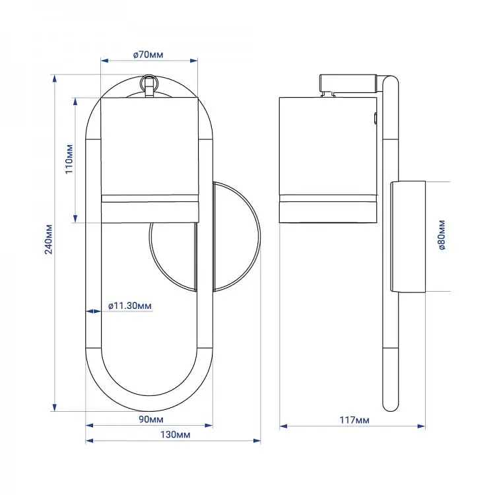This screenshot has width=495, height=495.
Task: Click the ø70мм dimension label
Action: tap(148, 55)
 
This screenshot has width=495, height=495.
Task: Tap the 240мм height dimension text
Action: tap(48, 240)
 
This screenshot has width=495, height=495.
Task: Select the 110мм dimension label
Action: tap(69, 159)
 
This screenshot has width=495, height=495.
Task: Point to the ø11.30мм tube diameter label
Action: tap(130, 306)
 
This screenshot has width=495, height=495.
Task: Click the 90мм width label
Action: tap(151, 419)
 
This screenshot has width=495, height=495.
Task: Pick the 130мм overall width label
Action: tap(175, 435)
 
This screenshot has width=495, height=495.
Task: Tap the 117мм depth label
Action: tap(354, 420)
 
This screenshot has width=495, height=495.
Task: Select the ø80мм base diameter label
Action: tap(442, 235)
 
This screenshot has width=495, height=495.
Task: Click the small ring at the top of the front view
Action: tap(148, 82)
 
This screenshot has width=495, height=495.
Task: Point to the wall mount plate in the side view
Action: tap(408, 237)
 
